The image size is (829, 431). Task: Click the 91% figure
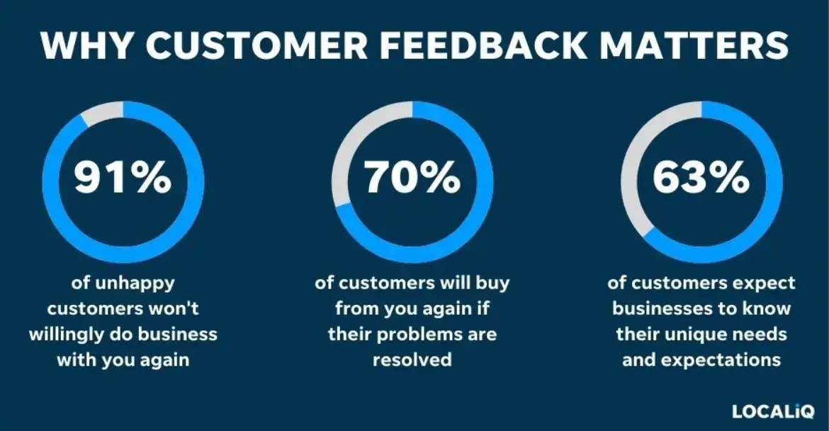[x=123, y=178]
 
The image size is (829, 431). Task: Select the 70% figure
[x=412, y=178]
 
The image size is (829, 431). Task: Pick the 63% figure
[x=701, y=178]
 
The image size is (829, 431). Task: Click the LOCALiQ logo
[x=772, y=410]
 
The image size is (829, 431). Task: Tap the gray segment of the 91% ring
[x=101, y=114]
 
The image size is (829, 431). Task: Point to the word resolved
[x=412, y=359]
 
